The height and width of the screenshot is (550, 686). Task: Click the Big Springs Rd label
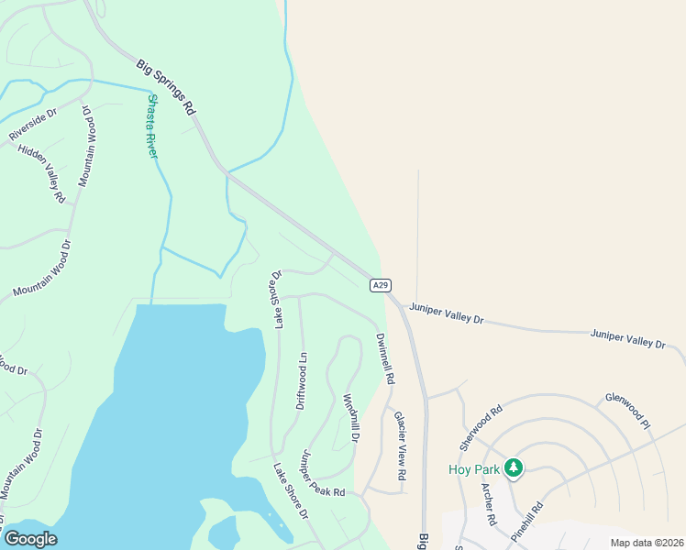coord(166,87)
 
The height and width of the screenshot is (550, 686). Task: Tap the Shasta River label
coord(152,126)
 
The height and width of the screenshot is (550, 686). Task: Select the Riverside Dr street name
coord(33,125)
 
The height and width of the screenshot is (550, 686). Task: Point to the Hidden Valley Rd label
coord(43,172)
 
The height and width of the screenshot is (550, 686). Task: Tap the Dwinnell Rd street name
coord(384,357)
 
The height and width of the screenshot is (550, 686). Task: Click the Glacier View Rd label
coord(400,445)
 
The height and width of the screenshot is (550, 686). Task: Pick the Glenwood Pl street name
coord(626,412)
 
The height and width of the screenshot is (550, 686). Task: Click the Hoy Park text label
coord(474,469)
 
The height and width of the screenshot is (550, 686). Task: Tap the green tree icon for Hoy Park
coord(514,468)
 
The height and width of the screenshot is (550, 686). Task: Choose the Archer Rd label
coord(488,505)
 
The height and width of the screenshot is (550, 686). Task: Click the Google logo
coord(29,538)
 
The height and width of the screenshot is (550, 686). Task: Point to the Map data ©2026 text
coord(647,543)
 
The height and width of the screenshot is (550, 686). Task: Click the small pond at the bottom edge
coord(223,533)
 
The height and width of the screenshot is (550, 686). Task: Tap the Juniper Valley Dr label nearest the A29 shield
coord(446,313)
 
